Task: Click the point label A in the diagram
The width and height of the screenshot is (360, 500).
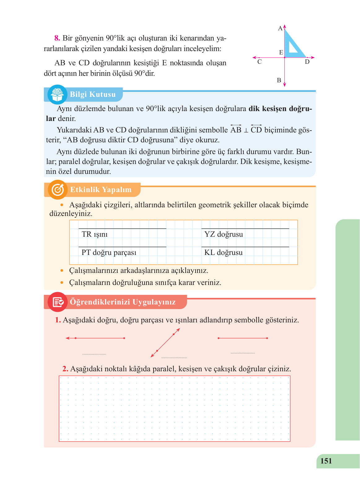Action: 280,28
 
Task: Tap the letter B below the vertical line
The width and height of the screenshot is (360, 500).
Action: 279,80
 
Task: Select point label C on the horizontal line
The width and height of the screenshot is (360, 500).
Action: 259,62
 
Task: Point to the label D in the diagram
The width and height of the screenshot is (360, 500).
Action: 307,62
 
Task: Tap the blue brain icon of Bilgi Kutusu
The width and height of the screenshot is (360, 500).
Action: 57,94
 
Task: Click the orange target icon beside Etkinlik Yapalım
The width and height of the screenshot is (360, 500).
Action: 58,190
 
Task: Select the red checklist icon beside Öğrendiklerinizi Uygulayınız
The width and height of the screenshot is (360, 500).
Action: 58,302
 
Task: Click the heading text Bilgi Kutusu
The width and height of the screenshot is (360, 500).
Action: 93,94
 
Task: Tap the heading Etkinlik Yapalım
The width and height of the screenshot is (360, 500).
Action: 101,190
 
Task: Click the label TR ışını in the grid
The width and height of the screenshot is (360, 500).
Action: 94,234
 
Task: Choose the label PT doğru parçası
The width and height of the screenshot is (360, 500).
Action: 109,252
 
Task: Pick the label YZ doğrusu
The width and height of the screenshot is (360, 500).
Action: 223,234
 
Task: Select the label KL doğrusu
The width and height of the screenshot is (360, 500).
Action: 223,252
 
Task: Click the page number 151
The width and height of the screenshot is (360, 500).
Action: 326,461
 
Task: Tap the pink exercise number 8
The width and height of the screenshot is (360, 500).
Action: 57,38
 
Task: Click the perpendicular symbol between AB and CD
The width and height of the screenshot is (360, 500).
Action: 246,131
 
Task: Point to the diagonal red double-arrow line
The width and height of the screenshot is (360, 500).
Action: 165,343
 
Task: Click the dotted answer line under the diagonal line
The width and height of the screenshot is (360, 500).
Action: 174,358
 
